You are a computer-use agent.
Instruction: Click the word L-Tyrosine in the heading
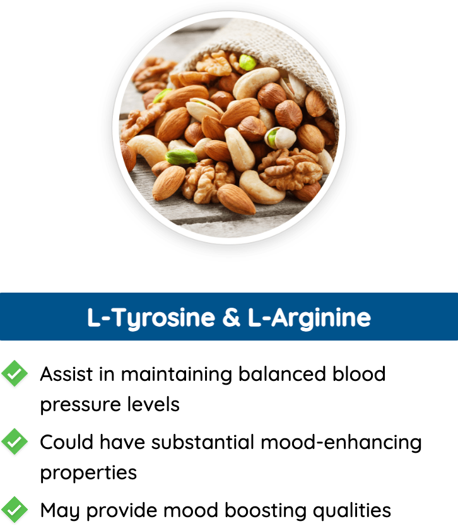151,318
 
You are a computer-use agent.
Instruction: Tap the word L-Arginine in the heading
309,318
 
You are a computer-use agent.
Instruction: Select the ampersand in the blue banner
232,317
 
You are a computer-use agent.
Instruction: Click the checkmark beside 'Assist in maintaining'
15,373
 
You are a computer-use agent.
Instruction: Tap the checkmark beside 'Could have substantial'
15,441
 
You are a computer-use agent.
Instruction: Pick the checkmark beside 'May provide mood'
15,510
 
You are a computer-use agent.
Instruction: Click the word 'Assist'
66,374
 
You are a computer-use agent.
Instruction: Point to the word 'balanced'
282,374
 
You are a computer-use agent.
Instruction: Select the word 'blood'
359,374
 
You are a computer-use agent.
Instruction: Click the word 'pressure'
81,405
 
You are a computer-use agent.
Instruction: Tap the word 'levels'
153,404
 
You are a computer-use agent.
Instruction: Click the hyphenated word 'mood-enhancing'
341,443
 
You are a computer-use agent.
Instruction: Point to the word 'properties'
88,474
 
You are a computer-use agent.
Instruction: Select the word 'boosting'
266,511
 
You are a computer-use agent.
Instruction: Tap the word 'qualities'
352,511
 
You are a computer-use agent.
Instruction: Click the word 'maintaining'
177,375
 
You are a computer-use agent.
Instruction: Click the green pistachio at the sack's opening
247,62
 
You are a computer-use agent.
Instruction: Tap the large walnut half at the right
290,168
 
